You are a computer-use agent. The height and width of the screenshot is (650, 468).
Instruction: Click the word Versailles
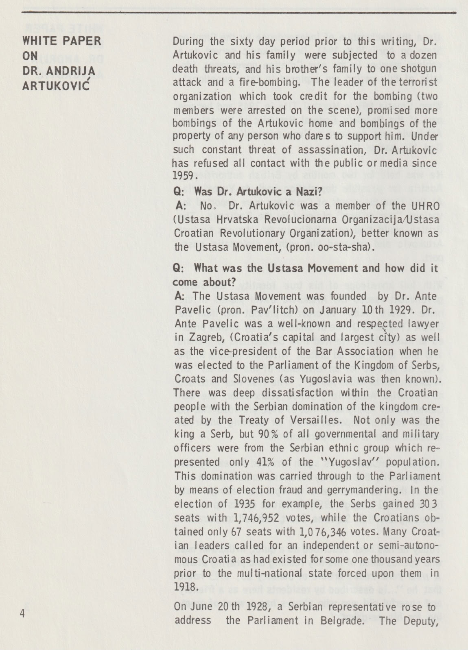pyautogui.click(x=321, y=420)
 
